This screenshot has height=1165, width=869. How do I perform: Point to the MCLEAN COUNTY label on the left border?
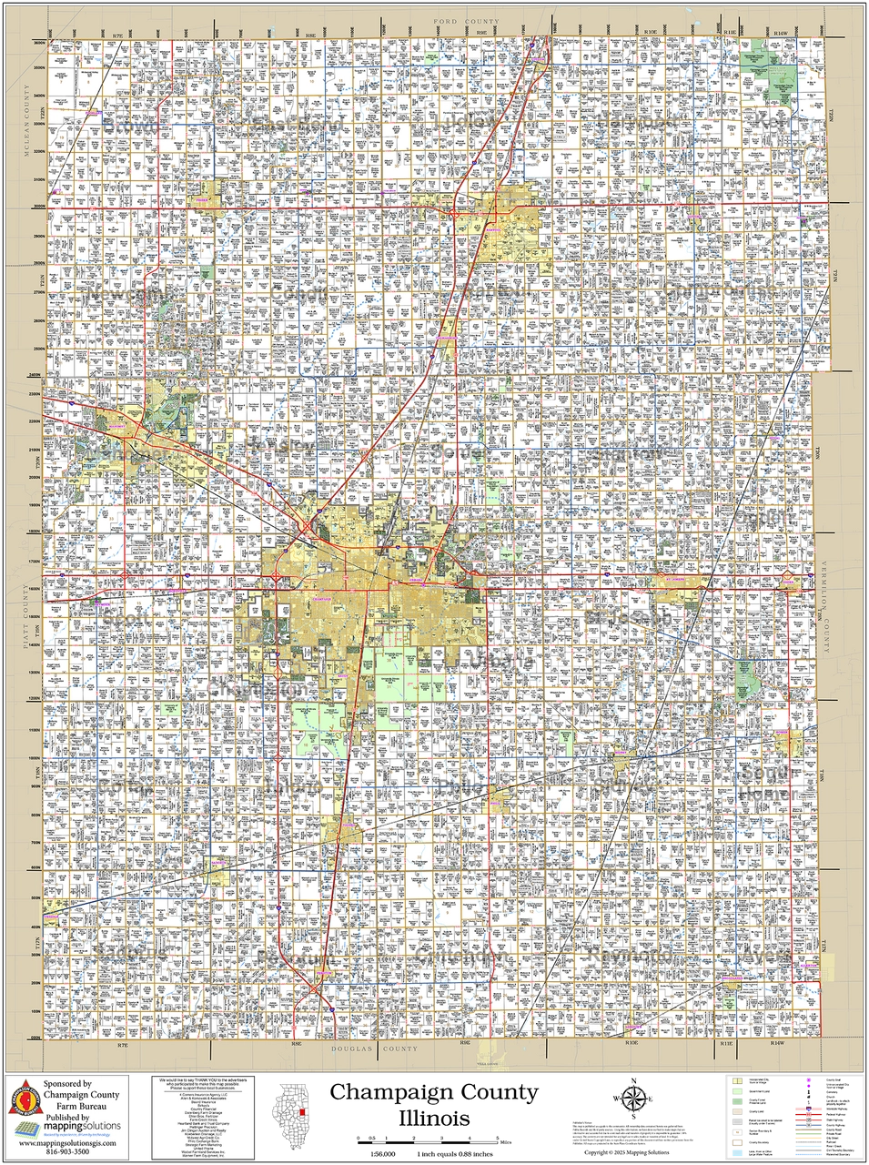point(27,92)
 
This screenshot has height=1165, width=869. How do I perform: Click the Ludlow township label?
point(467,122)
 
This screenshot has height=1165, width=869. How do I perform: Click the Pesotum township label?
point(290,958)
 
